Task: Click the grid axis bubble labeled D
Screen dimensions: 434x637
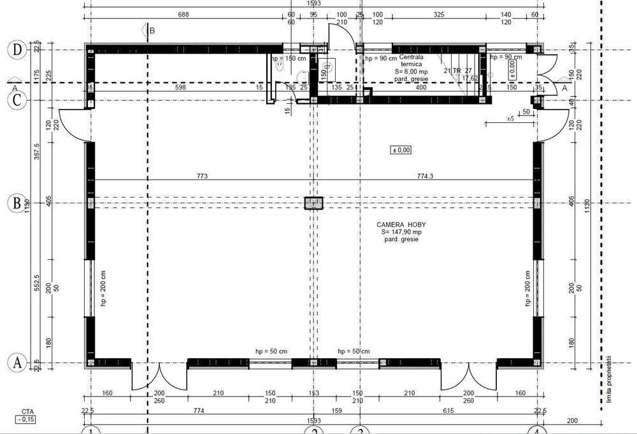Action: [x=16, y=49]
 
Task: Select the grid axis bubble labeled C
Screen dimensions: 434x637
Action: [x=16, y=100]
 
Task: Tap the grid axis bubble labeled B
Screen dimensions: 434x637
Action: [x=16, y=203]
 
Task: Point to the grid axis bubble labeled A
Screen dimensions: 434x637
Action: [x=16, y=363]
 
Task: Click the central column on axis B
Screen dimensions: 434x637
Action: [x=314, y=203]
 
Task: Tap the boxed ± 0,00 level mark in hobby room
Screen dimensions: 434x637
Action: [x=401, y=150]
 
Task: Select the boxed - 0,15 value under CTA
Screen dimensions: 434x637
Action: [x=27, y=419]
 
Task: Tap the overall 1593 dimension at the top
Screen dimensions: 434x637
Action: [x=313, y=3]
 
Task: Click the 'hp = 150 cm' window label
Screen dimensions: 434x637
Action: [x=288, y=58]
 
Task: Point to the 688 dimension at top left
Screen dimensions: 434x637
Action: [x=183, y=14]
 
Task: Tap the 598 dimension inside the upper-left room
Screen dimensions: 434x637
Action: [x=180, y=87]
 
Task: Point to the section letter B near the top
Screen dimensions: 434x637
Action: [x=152, y=30]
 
